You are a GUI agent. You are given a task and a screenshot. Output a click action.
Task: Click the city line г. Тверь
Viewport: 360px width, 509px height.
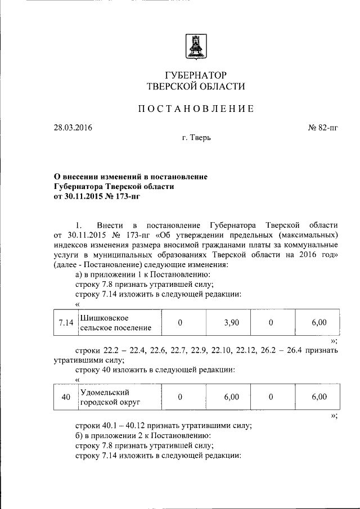tap(195, 137)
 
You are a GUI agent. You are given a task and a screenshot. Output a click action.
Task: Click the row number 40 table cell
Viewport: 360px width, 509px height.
tap(66, 397)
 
